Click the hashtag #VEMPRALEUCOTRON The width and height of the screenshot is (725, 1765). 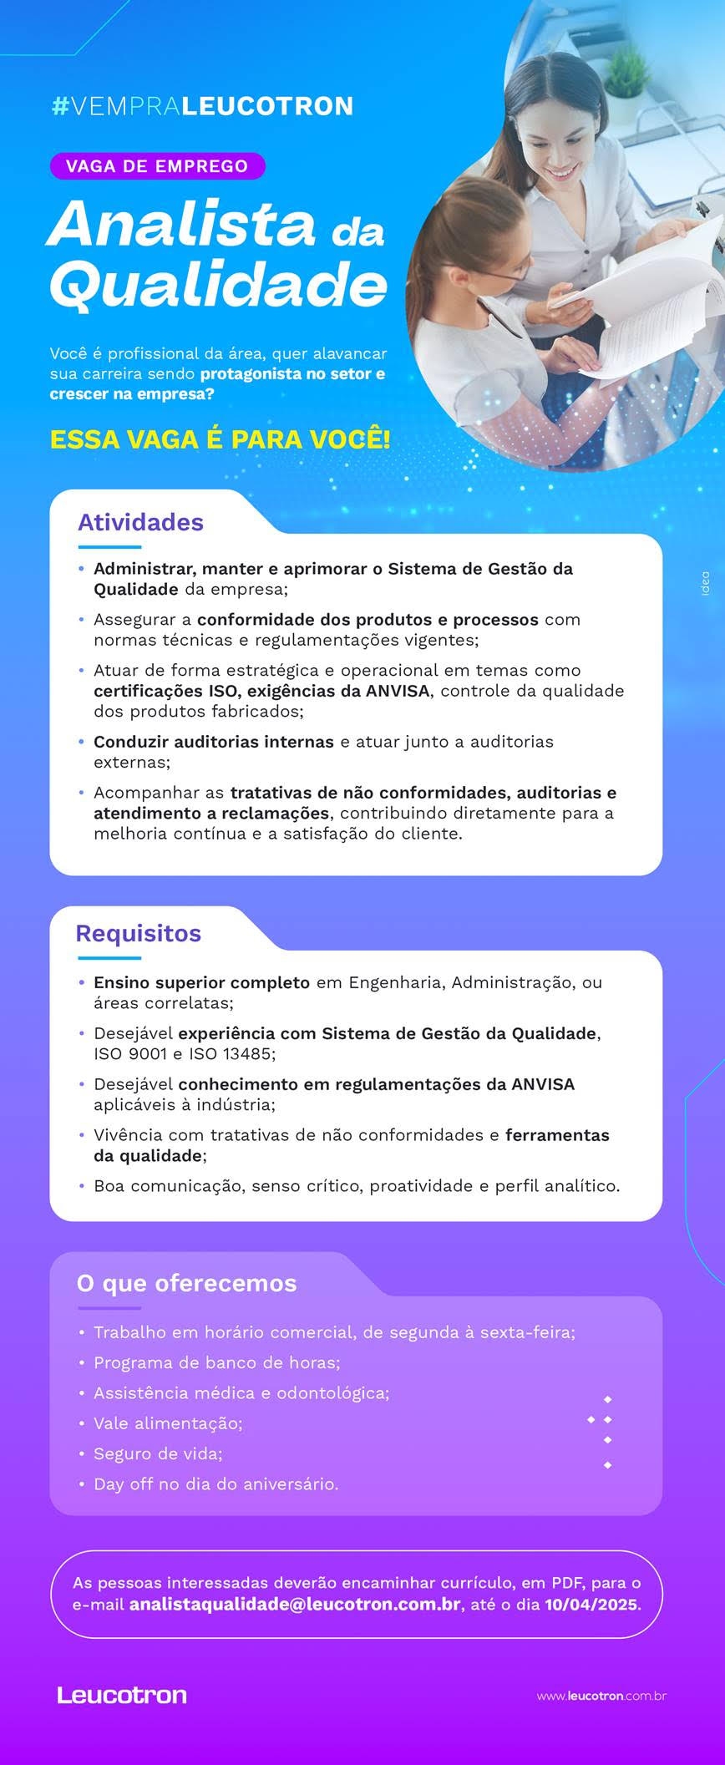[202, 106]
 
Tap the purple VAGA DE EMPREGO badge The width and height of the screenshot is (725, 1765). [157, 166]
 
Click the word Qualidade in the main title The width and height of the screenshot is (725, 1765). [218, 284]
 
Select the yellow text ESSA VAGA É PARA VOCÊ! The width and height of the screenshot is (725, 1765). [220, 439]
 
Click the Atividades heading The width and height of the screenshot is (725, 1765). [140, 523]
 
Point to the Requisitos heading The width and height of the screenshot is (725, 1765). [139, 933]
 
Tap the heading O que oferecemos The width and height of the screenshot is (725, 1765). [186, 1283]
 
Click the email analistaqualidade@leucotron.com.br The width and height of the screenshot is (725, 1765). [295, 1604]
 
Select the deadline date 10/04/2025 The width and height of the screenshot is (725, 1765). [591, 1604]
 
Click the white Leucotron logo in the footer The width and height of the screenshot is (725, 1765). [122, 1695]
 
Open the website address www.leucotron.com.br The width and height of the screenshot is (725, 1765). [601, 1696]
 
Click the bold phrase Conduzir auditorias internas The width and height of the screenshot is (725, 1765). [214, 742]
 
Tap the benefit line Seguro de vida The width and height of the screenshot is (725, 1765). [158, 1453]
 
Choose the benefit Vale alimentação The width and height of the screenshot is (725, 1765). [168, 1423]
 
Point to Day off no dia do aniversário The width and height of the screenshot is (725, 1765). [215, 1484]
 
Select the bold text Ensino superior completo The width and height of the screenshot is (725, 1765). [201, 982]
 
